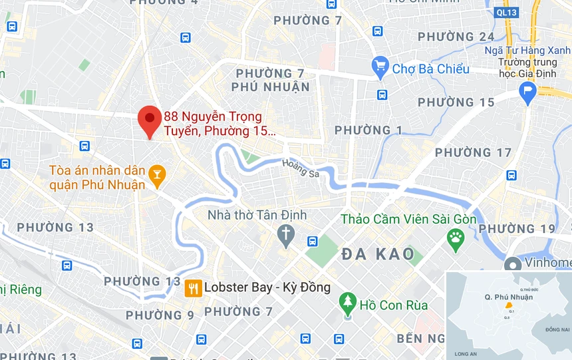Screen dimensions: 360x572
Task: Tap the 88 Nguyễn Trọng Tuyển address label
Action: click(218, 124)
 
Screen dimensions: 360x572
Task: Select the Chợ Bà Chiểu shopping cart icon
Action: click(380, 66)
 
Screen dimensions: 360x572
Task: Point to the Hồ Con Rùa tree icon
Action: click(347, 304)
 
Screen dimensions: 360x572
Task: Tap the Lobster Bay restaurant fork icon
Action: click(193, 287)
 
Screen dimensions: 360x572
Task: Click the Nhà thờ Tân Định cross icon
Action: click(286, 235)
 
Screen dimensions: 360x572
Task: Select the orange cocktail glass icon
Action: click(157, 175)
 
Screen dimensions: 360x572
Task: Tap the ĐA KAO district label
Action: click(378, 254)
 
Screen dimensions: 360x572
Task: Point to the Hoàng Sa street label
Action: click(300, 168)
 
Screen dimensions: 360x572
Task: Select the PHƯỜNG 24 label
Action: click(456, 37)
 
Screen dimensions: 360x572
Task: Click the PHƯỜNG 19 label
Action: click(516, 229)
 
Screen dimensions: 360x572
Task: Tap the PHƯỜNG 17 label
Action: click(473, 152)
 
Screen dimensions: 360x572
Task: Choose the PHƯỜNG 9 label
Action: click(160, 315)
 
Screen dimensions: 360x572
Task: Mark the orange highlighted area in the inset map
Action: click(509, 305)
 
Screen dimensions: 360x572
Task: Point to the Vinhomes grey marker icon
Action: click(513, 264)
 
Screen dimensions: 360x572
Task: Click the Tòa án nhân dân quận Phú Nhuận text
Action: click(97, 177)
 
